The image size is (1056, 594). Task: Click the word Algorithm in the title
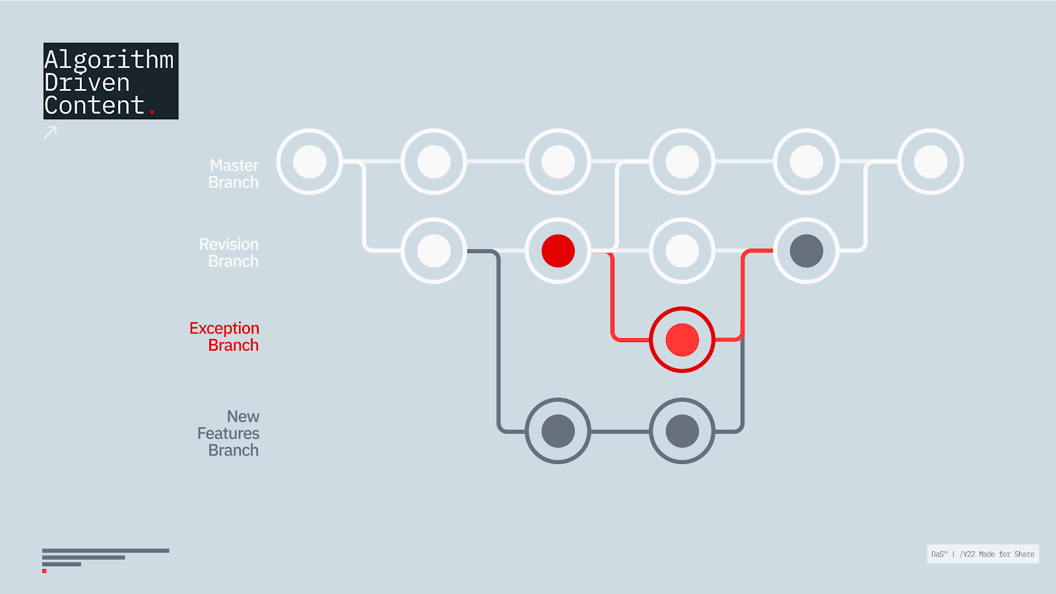109,60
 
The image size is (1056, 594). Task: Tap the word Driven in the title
87,83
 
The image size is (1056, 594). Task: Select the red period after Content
152,112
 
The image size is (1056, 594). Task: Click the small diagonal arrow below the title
50,133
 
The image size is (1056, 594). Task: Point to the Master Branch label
234,174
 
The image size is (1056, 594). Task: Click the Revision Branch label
229,253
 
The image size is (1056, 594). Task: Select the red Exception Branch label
224,337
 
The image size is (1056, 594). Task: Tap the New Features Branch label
229,433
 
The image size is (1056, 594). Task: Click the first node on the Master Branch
310,162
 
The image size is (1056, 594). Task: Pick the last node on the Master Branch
931,162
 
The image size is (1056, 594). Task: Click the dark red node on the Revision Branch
558,251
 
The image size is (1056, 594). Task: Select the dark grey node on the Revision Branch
807,251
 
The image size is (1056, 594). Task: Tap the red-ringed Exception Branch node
682,340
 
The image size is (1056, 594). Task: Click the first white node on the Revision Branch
434,251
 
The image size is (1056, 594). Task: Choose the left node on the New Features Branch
558,431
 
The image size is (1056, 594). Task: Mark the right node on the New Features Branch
682,431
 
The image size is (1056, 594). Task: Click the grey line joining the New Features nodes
620,432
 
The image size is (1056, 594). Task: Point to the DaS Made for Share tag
983,554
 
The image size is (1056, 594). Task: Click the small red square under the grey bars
44,571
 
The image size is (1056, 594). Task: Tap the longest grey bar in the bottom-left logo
106,550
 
